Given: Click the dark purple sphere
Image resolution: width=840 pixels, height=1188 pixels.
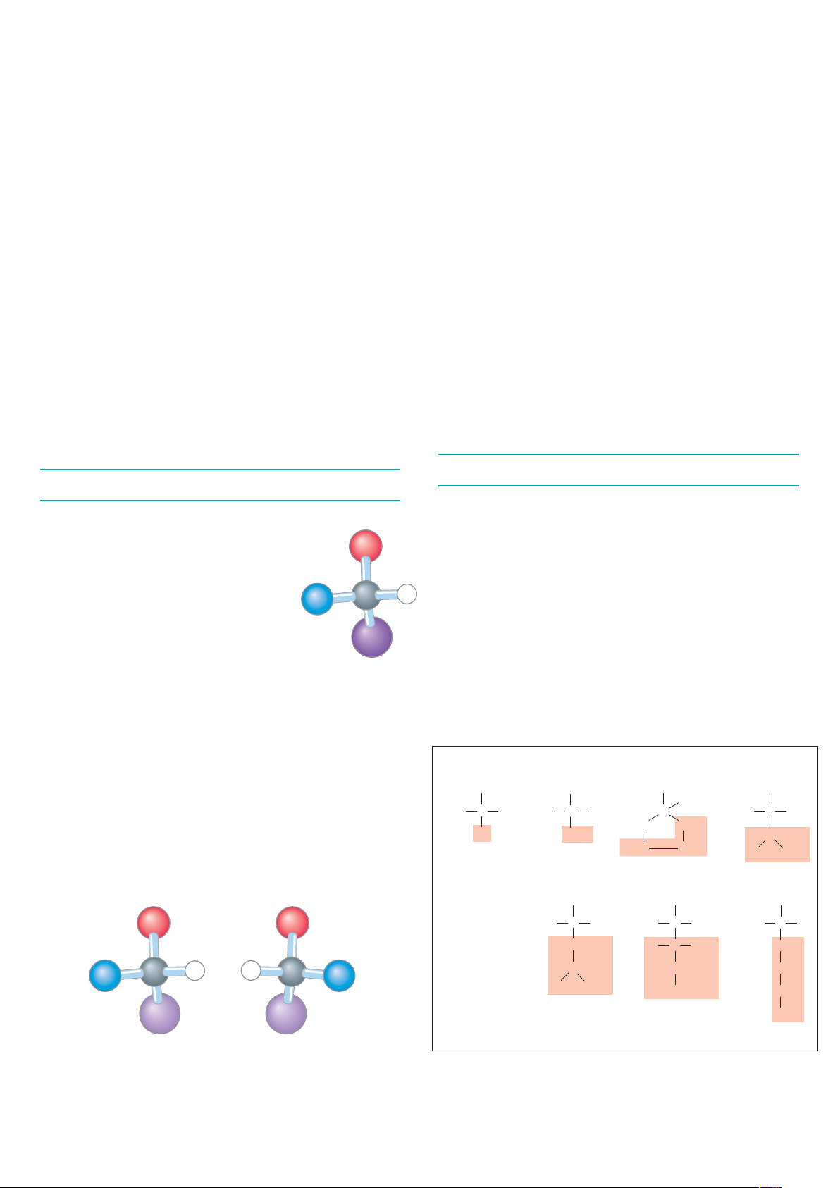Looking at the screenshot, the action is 371,637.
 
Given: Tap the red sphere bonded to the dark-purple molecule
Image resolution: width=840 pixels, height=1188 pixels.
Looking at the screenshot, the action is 366,546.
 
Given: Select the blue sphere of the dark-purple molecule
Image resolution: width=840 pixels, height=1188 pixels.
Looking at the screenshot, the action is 317,599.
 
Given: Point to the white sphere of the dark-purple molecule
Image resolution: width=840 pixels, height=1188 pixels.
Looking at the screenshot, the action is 407,594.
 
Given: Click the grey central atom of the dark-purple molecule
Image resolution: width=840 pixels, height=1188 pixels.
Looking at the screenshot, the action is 366,596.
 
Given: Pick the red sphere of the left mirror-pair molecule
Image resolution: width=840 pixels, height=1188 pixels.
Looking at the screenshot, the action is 154,923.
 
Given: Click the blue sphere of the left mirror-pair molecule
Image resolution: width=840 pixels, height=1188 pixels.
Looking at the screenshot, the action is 105,976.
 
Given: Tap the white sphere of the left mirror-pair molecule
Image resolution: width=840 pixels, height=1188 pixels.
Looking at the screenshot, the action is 195,970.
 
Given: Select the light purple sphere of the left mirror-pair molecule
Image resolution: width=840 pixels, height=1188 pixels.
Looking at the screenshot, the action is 160,1013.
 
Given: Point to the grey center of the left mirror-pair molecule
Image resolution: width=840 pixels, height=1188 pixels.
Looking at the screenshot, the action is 154,972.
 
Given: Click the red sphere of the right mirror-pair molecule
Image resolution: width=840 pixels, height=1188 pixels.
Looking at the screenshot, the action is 292,923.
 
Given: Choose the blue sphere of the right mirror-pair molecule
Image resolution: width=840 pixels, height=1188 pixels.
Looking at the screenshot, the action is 339,976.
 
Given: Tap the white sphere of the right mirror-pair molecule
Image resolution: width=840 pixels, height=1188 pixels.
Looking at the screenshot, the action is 250,970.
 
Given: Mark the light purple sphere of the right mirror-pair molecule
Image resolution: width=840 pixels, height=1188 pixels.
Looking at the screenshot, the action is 285,1013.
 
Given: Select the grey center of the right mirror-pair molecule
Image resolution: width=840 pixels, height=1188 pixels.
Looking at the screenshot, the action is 291,972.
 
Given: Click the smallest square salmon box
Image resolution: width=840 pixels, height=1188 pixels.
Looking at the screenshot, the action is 481,833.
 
